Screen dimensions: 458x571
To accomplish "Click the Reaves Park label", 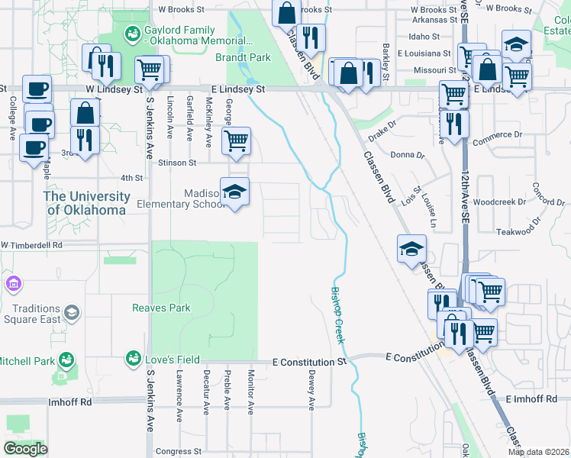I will [x=161, y=308].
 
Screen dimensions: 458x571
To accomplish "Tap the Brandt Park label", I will [x=243, y=57].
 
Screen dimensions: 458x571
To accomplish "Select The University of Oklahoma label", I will [x=85, y=203].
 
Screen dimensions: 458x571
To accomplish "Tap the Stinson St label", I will [x=177, y=163].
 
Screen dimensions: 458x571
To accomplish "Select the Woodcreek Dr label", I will [x=499, y=202].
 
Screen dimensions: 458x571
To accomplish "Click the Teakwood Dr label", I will [x=518, y=231].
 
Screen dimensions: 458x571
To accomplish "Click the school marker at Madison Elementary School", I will [x=235, y=192].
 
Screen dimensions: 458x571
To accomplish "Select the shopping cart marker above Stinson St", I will [x=236, y=140].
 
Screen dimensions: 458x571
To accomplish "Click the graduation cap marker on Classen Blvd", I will [x=411, y=248].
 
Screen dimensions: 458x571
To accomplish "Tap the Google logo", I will [x=25, y=449].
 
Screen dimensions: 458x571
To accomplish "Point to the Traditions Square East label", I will [x=32, y=314].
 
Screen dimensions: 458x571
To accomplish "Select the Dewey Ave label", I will [x=311, y=389].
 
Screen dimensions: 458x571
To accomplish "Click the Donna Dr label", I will [x=407, y=155].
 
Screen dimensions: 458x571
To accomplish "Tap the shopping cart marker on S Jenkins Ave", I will [x=150, y=70].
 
